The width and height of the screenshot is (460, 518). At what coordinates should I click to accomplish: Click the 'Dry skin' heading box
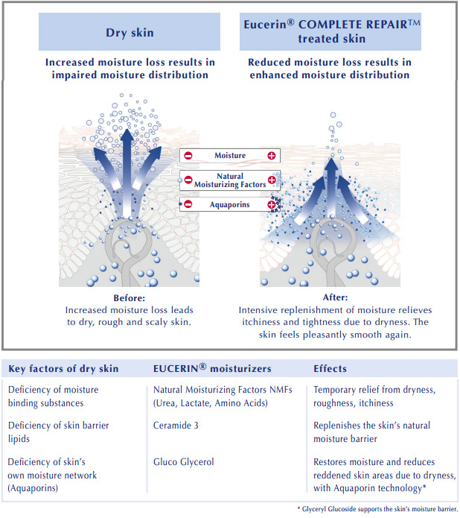point(130,32)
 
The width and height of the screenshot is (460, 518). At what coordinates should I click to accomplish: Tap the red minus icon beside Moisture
point(188,156)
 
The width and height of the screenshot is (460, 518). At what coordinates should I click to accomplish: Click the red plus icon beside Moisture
point(271,156)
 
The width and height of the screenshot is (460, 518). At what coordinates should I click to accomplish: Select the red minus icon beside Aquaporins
point(188,204)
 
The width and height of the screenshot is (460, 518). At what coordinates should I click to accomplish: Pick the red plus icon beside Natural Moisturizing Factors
point(272,180)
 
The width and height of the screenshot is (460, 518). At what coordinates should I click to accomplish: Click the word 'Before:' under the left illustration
point(130,298)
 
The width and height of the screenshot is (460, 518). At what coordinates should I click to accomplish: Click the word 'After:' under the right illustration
point(335,297)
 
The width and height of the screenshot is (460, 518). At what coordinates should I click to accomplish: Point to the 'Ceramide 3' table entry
point(176,425)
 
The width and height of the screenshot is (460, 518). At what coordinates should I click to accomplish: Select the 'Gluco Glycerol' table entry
point(183,462)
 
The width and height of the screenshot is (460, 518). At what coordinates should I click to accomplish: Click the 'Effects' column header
point(330,369)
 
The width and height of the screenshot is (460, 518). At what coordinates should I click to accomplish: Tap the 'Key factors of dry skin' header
point(63,369)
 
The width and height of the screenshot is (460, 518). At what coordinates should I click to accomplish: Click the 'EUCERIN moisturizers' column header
point(212,368)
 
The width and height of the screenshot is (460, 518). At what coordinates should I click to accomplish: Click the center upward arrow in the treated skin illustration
point(331,188)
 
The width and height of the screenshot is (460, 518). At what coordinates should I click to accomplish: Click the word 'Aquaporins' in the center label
point(230,204)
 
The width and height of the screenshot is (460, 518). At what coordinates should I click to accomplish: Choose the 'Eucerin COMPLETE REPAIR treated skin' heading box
point(330,32)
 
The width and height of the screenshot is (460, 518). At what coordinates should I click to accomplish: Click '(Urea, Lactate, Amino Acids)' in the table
point(211,403)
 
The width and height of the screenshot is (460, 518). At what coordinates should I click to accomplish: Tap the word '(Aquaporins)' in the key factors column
point(33,488)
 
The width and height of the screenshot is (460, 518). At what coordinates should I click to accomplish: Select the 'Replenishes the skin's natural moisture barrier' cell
point(372,432)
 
